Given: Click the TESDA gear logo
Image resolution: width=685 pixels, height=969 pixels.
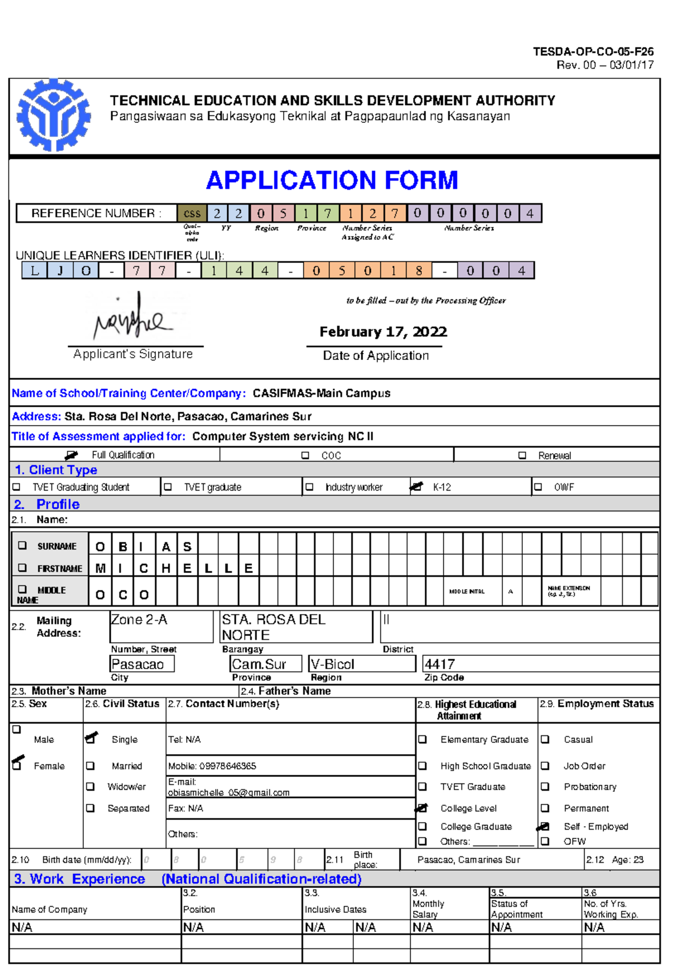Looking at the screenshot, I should pos(53,115).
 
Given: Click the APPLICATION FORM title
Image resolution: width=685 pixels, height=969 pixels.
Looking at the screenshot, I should pos(332,181).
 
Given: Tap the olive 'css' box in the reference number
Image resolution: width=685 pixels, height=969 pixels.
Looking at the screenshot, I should pos(192,214).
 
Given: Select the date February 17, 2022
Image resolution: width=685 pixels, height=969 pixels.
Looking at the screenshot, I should pos(383,332).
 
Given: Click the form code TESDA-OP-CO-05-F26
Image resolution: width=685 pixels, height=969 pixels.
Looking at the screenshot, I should pos(593,51).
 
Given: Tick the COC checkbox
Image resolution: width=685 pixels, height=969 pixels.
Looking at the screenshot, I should pos(305,455).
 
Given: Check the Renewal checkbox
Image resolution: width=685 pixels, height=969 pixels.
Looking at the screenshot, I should pos(522,455).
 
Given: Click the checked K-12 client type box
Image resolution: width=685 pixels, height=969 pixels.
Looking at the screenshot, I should pos(417,487).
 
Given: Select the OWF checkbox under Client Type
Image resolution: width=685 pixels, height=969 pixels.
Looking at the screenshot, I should pos(538,487).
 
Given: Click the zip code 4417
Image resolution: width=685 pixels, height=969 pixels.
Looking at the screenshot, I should pos(440,664).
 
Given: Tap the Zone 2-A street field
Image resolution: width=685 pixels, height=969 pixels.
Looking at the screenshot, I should pos(161,626).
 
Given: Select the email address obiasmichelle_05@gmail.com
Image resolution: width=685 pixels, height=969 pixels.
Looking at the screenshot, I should pos(228,792).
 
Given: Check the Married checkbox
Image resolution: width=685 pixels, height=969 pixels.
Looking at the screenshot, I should pos(90,766).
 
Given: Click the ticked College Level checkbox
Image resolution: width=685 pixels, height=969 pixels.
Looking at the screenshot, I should pos(422,808).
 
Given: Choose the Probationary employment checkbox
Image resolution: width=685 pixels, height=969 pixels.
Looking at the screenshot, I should pos(545,787).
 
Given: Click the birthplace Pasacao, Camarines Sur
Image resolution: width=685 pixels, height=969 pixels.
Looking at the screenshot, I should pos(469,859).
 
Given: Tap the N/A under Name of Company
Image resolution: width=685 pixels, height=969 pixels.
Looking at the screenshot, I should pos(22,927).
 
